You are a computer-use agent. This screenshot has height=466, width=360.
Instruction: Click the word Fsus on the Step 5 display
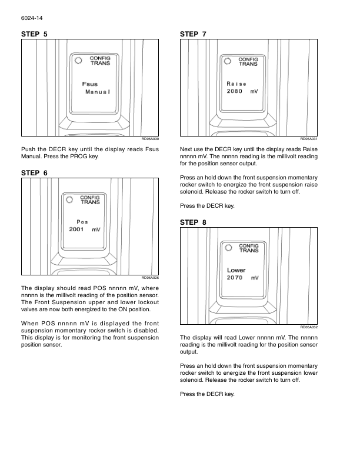click(x=89, y=84)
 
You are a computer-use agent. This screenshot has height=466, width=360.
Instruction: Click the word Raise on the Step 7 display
click(x=236, y=84)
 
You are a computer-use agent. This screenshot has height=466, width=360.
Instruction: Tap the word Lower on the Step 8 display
click(x=236, y=269)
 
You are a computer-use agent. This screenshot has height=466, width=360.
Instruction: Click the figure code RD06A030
click(x=151, y=139)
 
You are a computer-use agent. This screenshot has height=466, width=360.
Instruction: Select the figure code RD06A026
click(x=151, y=277)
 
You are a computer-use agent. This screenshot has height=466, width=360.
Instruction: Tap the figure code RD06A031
click(x=309, y=139)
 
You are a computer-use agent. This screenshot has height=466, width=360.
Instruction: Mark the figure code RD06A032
click(x=309, y=327)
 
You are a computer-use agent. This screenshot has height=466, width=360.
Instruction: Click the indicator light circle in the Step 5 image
click(x=79, y=59)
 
